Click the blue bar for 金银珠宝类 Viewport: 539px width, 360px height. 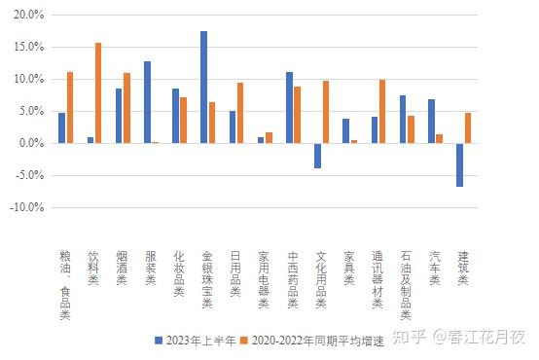point(203,88)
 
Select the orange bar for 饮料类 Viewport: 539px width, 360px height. point(98,93)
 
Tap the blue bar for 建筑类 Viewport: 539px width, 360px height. point(459,164)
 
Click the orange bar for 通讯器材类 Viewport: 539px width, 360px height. point(382,112)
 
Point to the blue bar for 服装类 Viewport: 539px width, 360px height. point(147,102)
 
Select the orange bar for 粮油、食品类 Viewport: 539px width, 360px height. point(70,108)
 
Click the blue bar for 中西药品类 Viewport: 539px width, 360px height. point(289,108)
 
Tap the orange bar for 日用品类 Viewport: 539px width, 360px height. point(240,113)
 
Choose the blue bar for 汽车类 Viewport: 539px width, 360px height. point(431,122)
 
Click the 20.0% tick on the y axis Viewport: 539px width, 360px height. point(29,16)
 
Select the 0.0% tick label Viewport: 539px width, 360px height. point(31,143)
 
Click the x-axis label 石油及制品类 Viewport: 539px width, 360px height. point(405,282)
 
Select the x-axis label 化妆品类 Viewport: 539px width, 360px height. point(178,273)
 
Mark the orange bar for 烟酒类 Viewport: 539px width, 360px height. point(126,108)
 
